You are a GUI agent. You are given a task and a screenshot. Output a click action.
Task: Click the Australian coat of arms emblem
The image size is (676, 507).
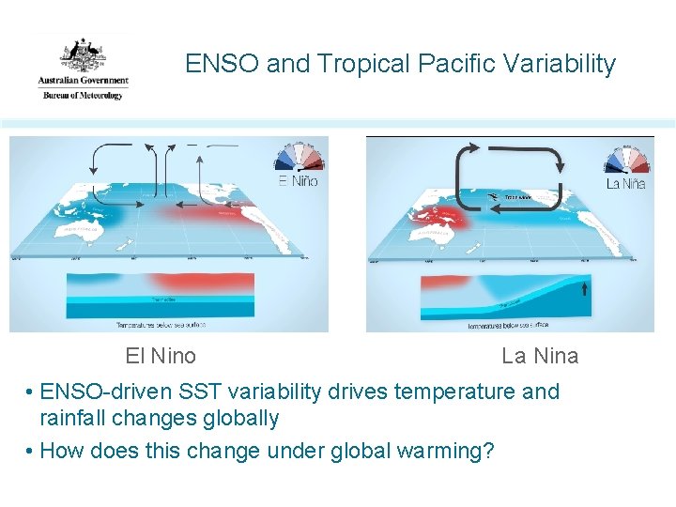83,54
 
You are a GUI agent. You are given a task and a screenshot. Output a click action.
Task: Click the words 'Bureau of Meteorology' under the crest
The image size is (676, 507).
83,95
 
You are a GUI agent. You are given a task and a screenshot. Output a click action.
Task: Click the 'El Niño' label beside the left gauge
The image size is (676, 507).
299,181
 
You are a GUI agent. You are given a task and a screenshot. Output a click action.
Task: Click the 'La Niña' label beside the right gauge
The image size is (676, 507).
626,183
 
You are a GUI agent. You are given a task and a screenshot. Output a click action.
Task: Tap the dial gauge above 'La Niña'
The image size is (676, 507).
628,158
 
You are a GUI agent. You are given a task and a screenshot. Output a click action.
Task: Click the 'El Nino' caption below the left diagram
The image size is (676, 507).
161,356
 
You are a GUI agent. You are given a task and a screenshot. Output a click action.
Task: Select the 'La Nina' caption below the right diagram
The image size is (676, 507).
540,356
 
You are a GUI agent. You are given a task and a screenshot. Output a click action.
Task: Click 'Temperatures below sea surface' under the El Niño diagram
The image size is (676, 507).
160,324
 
